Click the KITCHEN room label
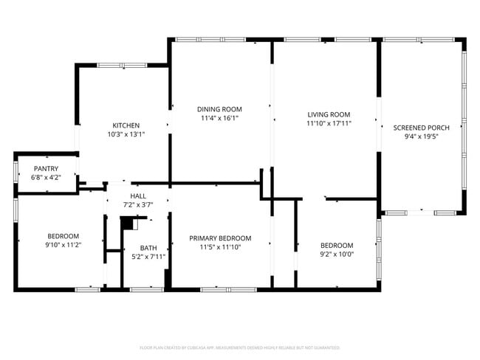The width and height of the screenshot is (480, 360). click(126, 125)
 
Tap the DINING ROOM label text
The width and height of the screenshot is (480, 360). click(219, 108)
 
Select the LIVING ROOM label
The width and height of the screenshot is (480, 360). click(329, 114)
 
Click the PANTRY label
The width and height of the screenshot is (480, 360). click(46, 168)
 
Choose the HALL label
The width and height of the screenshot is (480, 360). click(138, 195)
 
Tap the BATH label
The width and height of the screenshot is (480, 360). click(148, 248)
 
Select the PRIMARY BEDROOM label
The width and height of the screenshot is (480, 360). click(220, 238)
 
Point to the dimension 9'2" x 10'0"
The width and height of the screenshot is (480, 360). click(336, 255)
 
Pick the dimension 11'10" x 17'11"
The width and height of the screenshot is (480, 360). click(329, 123)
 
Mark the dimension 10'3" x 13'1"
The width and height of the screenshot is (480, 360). click(126, 134)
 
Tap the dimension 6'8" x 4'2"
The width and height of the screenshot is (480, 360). click(46, 178)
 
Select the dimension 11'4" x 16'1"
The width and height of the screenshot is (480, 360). click(219, 117)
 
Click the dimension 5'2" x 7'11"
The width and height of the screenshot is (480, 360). click(148, 257)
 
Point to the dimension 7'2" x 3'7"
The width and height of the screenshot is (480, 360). click(138, 204)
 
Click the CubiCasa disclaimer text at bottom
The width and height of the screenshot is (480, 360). click(239, 347)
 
